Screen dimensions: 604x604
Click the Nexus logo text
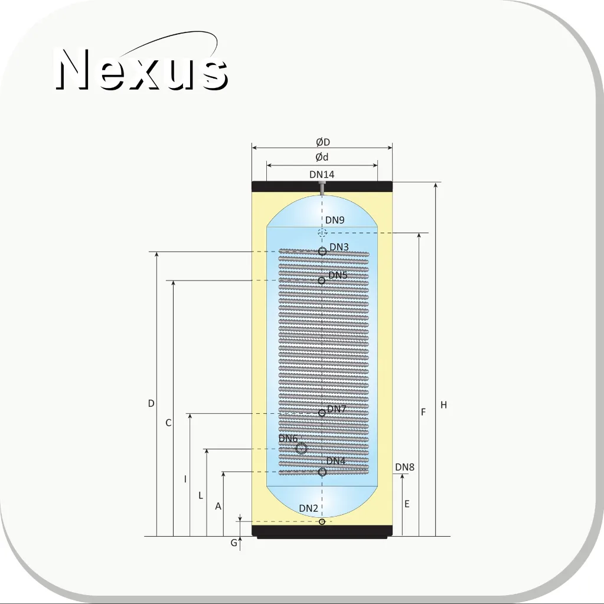(142, 68)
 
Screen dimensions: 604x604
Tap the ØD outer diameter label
(323, 142)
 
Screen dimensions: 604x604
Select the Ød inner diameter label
(322, 157)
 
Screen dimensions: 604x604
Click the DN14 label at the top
(322, 175)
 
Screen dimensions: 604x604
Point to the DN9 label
(335, 220)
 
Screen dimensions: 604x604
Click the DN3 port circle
(322, 252)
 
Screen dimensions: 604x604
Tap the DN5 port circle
(322, 280)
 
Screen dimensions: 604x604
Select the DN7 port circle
(322, 413)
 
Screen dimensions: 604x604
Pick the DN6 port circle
(301, 449)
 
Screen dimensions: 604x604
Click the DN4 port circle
(322, 472)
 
